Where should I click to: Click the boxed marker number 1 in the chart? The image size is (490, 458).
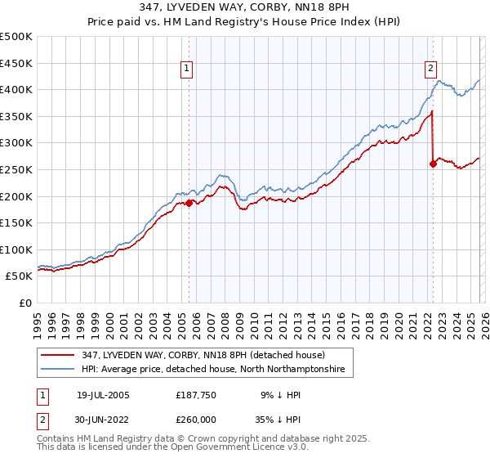tap(188, 70)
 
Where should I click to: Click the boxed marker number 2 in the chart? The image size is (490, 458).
tap(430, 70)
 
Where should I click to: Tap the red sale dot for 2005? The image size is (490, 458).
tap(189, 203)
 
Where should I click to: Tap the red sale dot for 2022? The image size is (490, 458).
tap(433, 164)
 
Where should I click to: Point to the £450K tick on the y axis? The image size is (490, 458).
tap(16, 63)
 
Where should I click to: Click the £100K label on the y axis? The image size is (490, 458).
tap(16, 249)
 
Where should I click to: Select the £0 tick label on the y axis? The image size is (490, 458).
tap(25, 303)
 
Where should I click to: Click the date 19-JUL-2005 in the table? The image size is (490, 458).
tap(103, 395)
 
